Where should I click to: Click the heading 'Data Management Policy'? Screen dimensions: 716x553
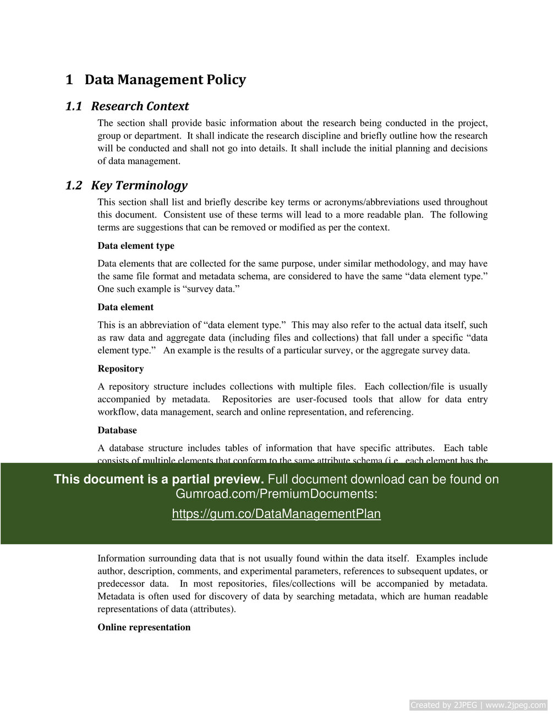point(165,80)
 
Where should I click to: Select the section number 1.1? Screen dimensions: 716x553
point(73,106)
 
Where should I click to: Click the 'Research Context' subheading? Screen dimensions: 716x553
point(140,106)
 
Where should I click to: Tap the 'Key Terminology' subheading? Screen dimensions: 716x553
point(139,185)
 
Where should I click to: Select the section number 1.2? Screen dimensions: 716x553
point(73,185)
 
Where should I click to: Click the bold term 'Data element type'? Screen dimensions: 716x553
point(136,245)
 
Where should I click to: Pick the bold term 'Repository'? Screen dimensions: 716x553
point(121,369)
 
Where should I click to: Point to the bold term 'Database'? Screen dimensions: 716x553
point(117,430)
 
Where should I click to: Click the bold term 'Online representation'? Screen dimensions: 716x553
point(144,627)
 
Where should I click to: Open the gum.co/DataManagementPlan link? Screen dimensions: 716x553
point(276,513)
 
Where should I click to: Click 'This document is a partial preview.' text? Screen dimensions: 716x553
point(159,479)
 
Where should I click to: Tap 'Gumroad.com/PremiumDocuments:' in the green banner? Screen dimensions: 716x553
point(276,494)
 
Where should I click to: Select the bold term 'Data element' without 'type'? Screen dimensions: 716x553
point(125,307)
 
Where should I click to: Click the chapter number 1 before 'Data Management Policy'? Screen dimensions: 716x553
point(69,80)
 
